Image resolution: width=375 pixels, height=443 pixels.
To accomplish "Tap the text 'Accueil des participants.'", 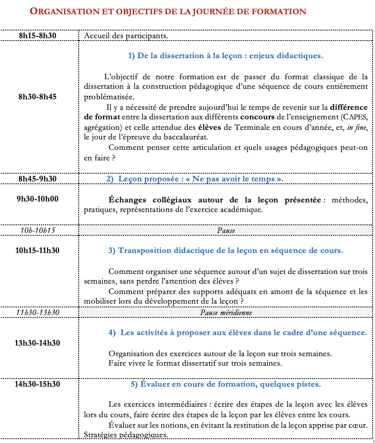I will click(x=125, y=35).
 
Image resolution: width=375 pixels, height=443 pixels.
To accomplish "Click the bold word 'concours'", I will click(x=257, y=117).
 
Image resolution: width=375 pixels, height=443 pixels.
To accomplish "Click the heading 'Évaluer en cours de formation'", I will click(x=225, y=384).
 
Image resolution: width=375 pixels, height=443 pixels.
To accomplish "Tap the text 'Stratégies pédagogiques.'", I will click(x=125, y=435).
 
